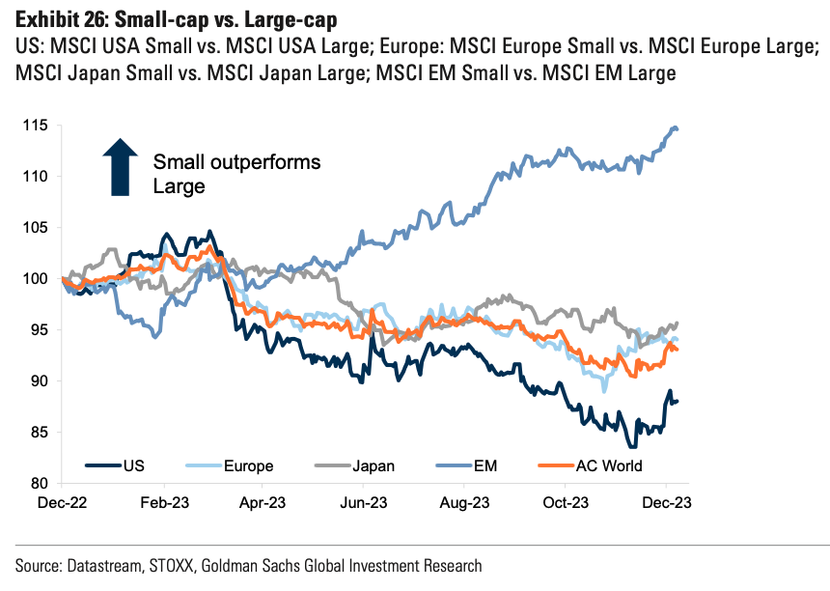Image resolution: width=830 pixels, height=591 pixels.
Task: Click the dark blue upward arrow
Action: (121, 167)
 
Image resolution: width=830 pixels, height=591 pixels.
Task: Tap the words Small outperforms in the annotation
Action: (236, 162)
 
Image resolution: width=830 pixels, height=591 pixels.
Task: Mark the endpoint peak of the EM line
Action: (674, 127)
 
